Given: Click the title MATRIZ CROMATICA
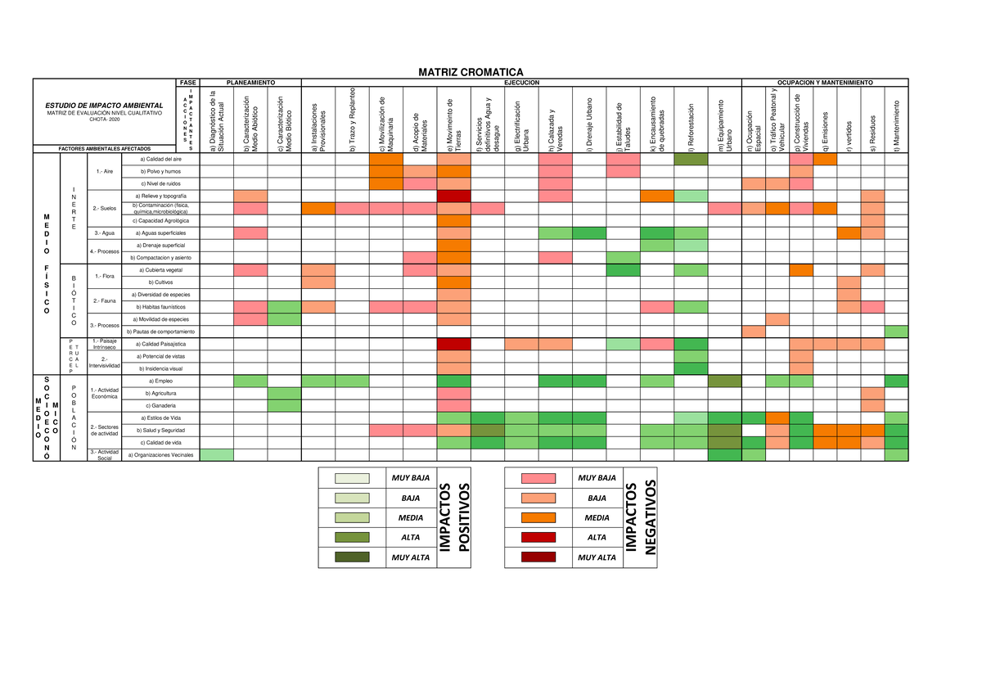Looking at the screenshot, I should [x=471, y=72].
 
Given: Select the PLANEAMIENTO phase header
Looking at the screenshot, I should [x=250, y=83].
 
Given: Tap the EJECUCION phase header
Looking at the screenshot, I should [x=521, y=83].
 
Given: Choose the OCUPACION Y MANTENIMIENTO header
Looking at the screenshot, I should [x=825, y=83].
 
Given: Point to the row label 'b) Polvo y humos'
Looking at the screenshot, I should [x=161, y=172].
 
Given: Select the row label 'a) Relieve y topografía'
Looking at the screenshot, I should [x=164, y=196].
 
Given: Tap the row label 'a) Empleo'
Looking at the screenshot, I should [x=161, y=381].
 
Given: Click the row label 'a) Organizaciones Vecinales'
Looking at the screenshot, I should [x=161, y=455].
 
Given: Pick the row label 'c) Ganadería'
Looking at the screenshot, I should [x=160, y=405].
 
